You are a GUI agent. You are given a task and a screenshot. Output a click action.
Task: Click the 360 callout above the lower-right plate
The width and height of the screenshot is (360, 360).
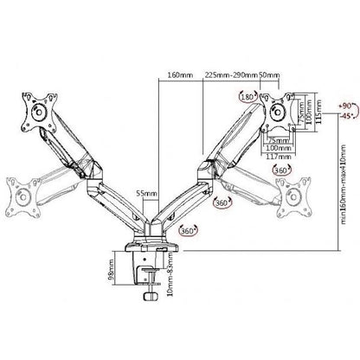pyautogui.click(x=281, y=171)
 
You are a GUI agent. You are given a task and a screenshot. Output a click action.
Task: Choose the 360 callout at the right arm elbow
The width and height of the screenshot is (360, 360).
pyautogui.click(x=221, y=202)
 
